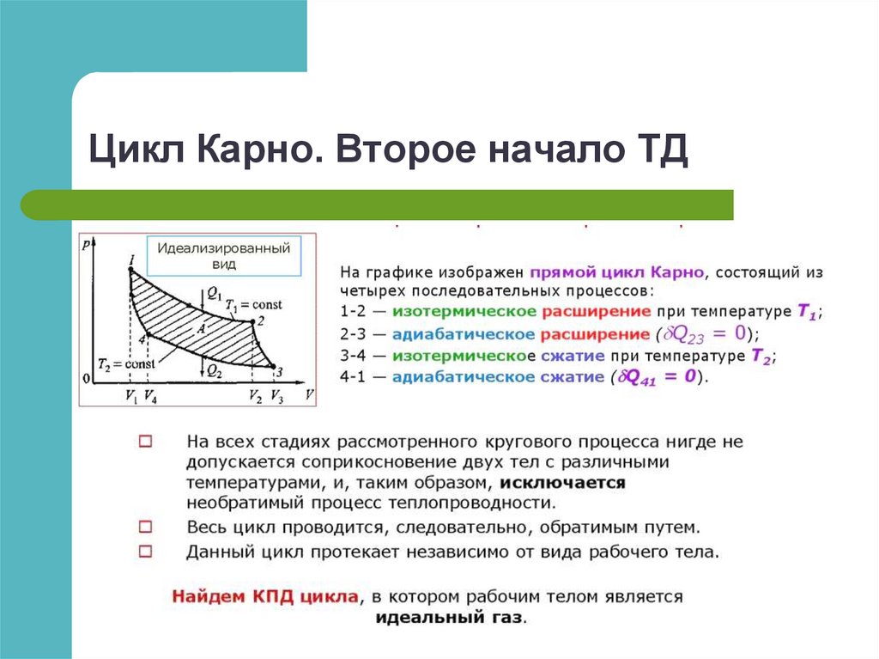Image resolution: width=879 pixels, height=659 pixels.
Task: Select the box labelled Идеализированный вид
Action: coord(223,256)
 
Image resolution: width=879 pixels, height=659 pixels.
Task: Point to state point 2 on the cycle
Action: coord(252,323)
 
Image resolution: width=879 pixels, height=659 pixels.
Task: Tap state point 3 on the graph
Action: coord(274,369)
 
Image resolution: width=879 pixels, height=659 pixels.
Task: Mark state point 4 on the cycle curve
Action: coord(145,337)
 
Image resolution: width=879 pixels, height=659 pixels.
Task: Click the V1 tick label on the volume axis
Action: coord(130,396)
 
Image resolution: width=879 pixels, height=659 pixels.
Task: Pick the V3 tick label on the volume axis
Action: coord(276,396)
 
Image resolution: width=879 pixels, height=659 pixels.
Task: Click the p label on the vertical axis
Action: coord(87,245)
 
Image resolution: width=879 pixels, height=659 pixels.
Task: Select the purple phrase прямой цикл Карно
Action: coord(617,271)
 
